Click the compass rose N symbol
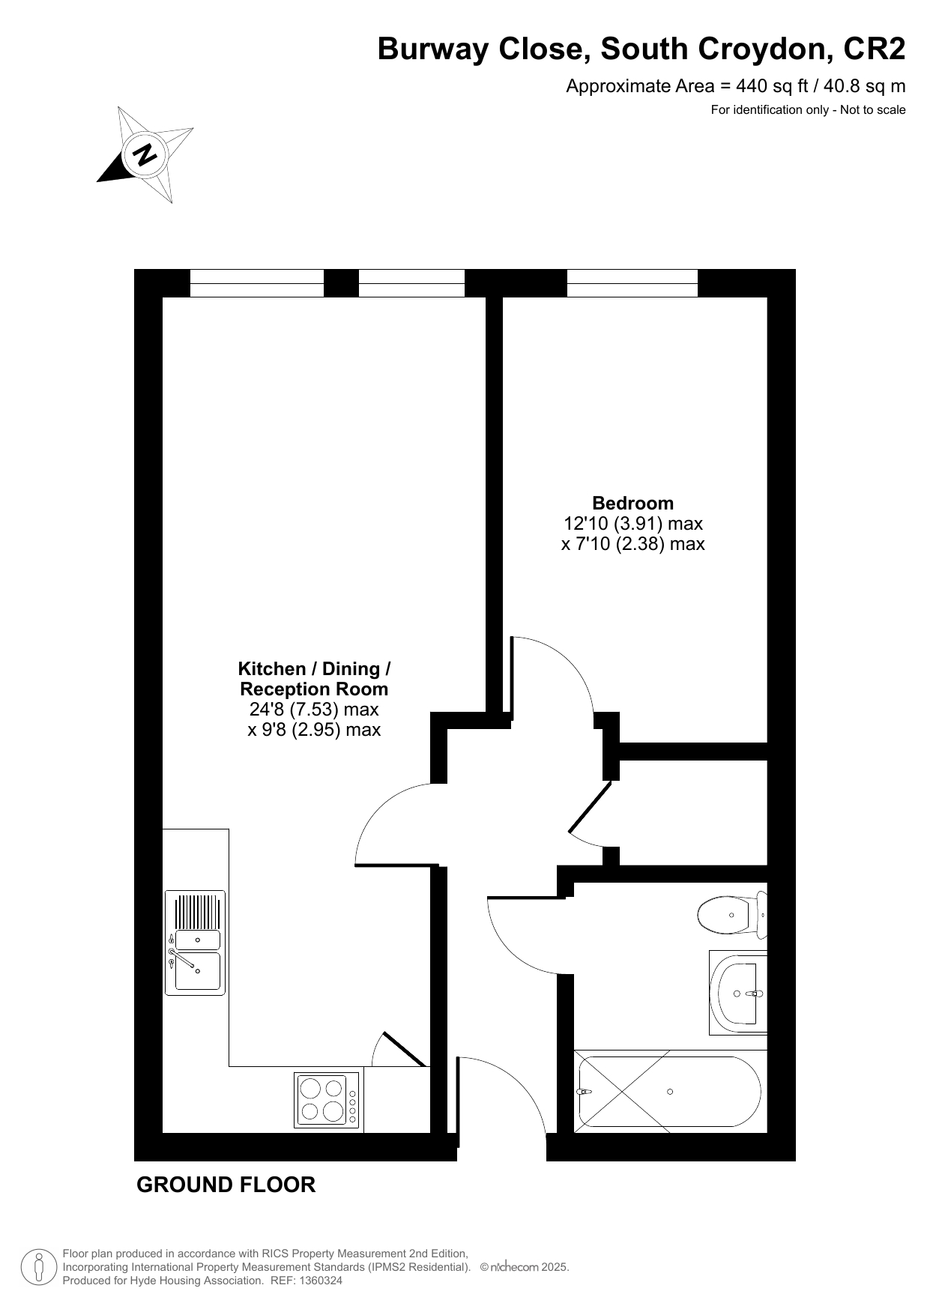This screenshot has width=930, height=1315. (145, 154)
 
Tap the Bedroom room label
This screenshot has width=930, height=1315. (633, 503)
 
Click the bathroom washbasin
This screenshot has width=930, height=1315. (738, 993)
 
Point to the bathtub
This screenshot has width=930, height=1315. (670, 1091)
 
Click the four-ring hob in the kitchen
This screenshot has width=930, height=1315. (327, 1100)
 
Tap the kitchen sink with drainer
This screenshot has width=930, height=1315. (195, 943)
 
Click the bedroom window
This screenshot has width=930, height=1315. (632, 283)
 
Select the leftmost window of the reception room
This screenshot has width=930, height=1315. (257, 283)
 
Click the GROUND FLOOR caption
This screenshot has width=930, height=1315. (226, 1185)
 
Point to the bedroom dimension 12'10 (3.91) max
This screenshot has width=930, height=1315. (633, 523)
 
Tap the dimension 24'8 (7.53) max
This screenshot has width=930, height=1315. (314, 709)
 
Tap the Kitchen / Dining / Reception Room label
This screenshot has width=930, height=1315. (314, 679)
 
